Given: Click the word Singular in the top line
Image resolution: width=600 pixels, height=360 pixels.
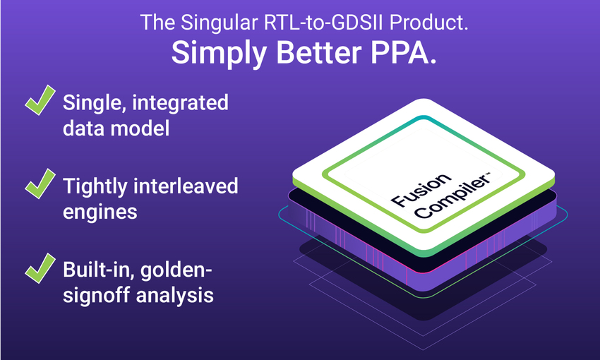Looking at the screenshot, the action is pos(220,23).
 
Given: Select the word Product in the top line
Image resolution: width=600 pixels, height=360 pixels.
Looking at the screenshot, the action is pos(428,22).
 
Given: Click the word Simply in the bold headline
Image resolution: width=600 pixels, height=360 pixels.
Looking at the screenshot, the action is pos(219,53).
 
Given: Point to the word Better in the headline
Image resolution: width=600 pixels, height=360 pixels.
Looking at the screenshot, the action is pos(319,52).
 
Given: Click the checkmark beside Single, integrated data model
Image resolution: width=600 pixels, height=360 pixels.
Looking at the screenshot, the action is pos(40,100).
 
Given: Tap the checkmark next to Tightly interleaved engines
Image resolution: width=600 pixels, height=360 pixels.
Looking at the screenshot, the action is pos(40,184).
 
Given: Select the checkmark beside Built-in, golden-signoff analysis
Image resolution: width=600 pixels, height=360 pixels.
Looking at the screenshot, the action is pos(40,268).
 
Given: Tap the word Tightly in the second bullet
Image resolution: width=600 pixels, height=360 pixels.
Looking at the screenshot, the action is pos(95,186).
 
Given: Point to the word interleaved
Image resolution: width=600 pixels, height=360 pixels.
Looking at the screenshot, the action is pos(186,186).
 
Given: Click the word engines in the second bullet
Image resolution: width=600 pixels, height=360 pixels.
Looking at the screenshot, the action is pos(100,212).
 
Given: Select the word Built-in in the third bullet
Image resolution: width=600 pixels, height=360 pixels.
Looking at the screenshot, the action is pos(99,270).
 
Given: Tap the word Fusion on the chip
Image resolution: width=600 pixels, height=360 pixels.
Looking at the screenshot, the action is pos(421,189).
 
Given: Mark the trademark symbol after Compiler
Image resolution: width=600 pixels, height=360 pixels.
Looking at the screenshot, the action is pos(487,175).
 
